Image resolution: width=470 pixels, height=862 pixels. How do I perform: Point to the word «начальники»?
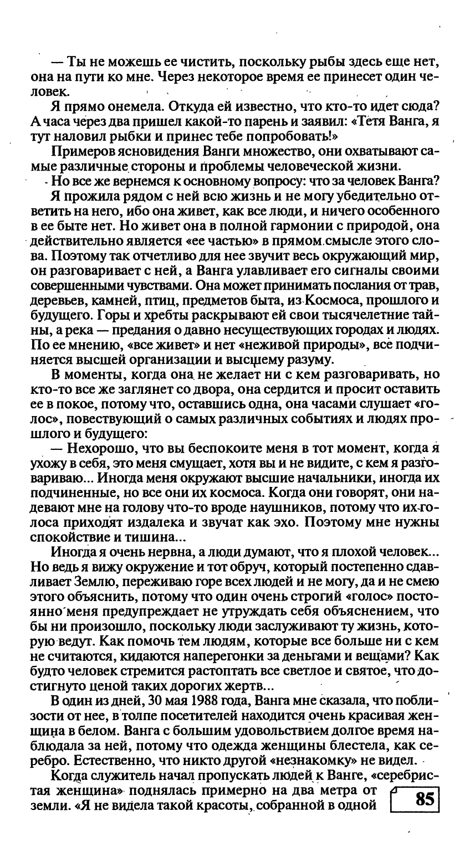pos(328,480)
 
